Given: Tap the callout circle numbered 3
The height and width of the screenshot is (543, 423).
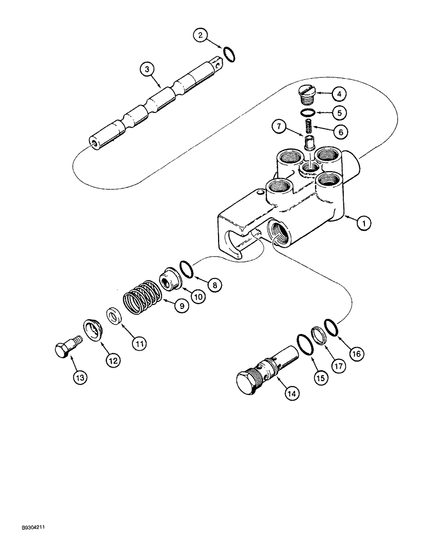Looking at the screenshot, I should pos(145,70).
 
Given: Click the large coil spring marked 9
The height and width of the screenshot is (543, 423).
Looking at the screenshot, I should pos(142,300).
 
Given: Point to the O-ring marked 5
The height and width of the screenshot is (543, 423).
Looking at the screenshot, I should pos(308,113).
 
